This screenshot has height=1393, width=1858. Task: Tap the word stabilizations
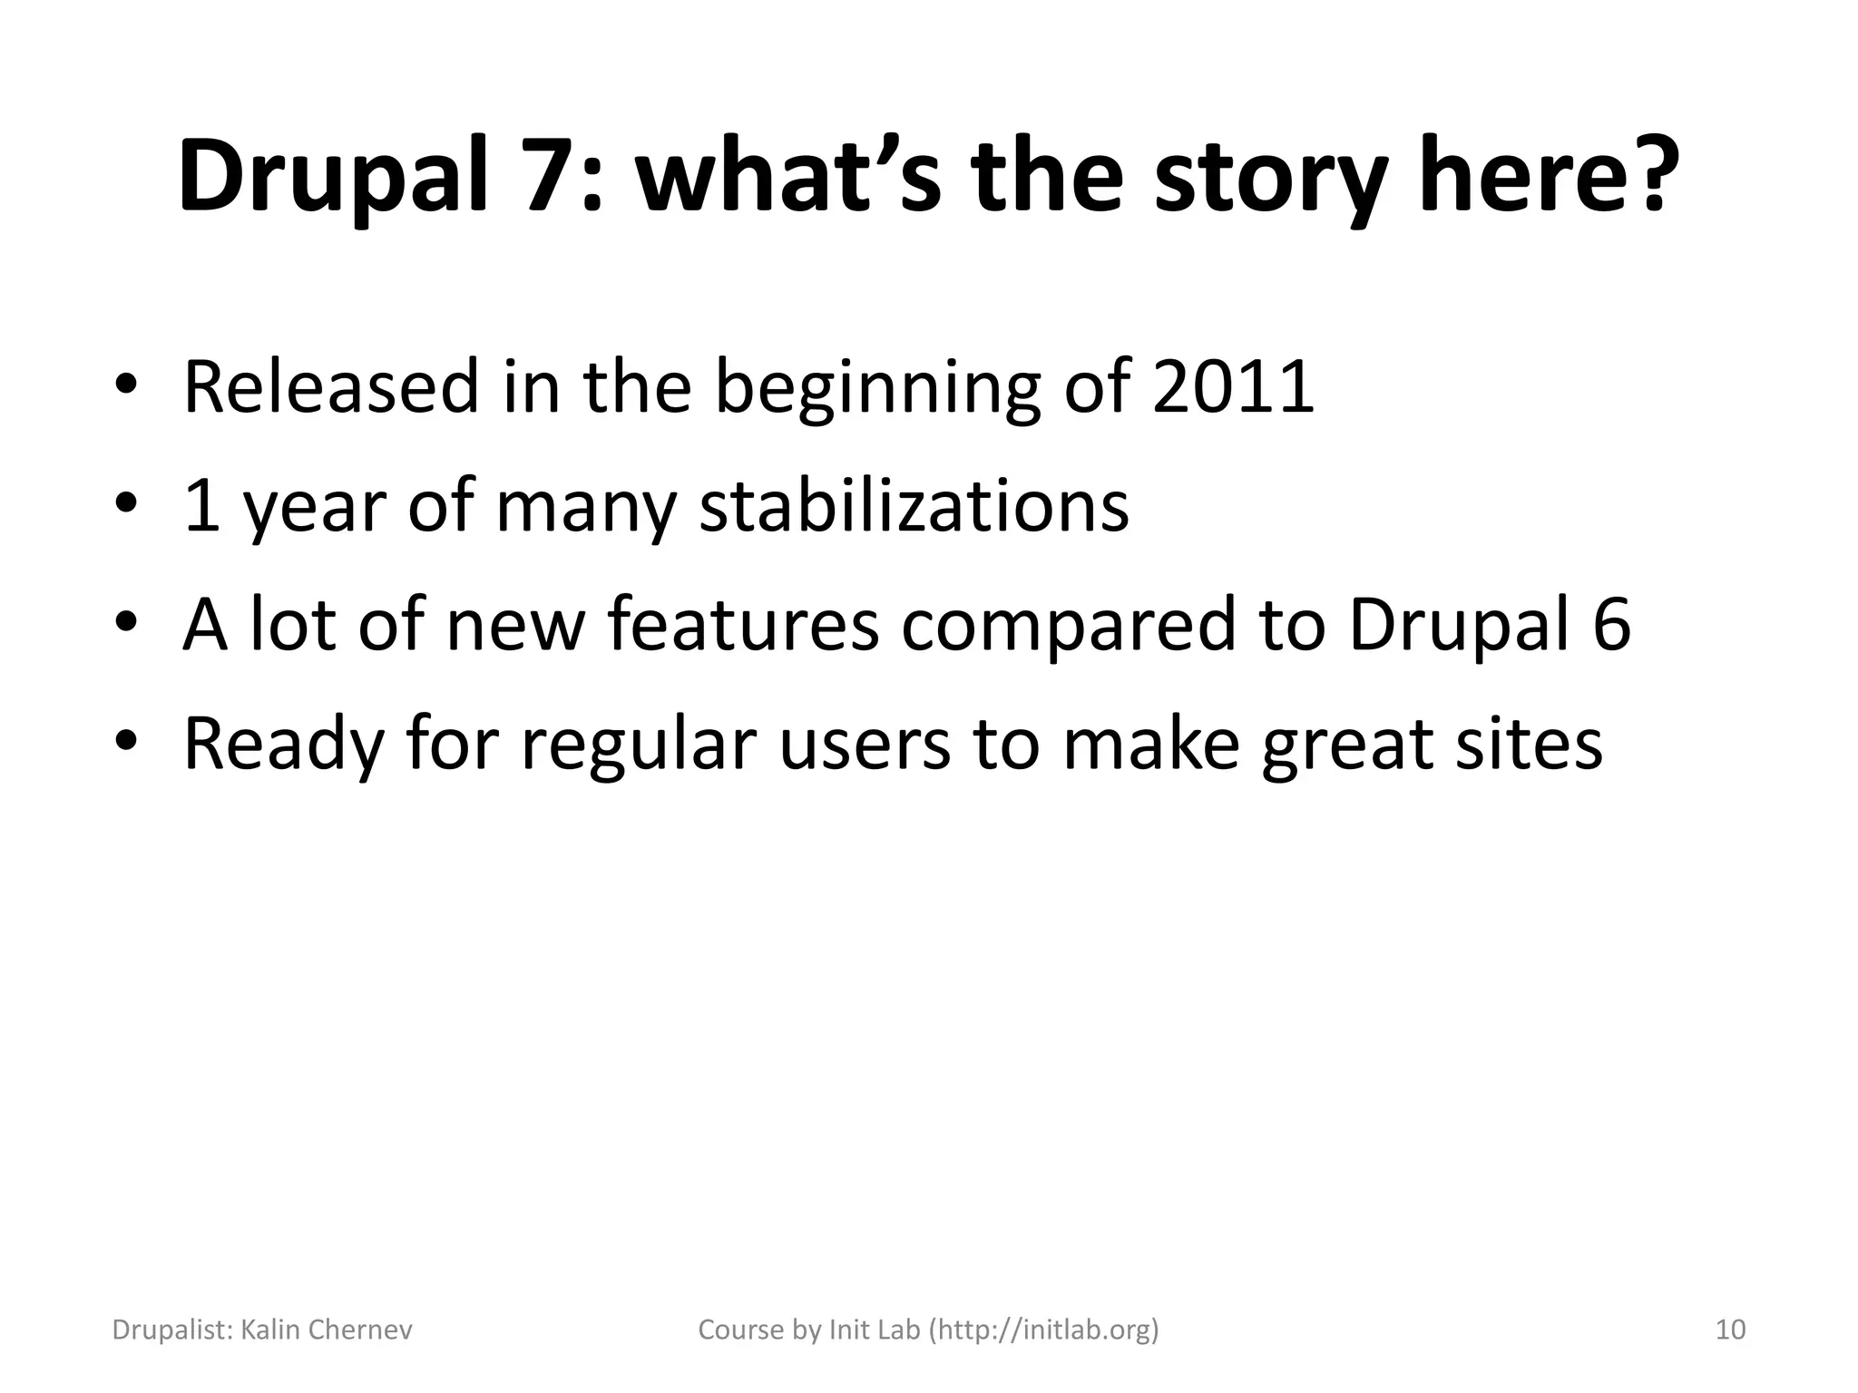pos(914,505)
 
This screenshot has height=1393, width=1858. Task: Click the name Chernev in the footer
pos(360,1330)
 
